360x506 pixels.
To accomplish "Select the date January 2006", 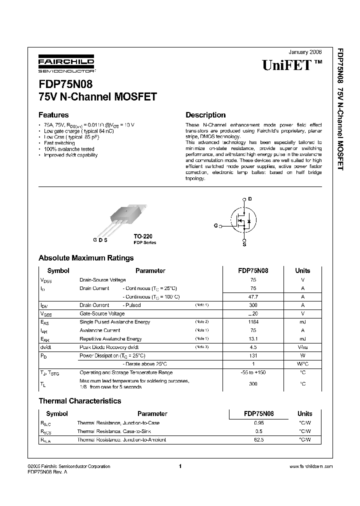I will pyautogui.click(x=305, y=52).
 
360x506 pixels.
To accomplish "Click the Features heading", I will pyautogui.click(x=53, y=114).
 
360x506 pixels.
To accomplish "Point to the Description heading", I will pyautogui.click(x=205, y=114).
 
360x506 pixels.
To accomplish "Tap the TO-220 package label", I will pyautogui.click(x=142, y=235).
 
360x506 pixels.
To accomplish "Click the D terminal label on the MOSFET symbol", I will pyautogui.click(x=250, y=199).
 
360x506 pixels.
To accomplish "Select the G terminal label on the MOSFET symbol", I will pyautogui.click(x=215, y=226).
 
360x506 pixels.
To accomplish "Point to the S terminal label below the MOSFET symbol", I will pyautogui.click(x=244, y=244).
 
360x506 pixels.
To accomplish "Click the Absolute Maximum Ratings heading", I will pyautogui.click(x=86, y=258).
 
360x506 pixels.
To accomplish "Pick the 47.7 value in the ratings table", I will pyautogui.click(x=253, y=297).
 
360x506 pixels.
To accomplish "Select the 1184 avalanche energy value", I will pyautogui.click(x=253, y=322).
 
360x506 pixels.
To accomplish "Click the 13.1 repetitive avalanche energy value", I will pyautogui.click(x=253, y=339).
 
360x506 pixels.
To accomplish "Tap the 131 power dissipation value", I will pyautogui.click(x=253, y=356).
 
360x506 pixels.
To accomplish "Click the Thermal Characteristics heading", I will pyautogui.click(x=80, y=401).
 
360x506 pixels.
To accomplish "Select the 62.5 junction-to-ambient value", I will pyautogui.click(x=258, y=440).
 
